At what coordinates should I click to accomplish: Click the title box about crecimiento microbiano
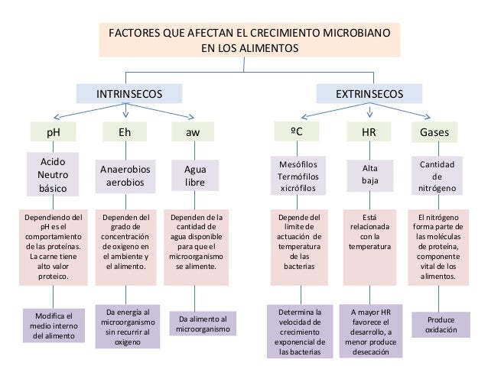coord(249,40)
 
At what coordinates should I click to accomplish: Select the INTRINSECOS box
coord(129,93)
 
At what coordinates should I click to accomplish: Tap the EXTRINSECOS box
coord(369,93)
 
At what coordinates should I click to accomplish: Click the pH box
coord(54,132)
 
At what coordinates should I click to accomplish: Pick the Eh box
coord(125,132)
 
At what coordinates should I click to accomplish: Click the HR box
coord(368,132)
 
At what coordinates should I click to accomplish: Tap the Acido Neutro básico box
coord(54,174)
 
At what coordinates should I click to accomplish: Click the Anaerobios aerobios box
coord(125,175)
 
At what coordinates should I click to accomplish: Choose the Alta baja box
coord(368,175)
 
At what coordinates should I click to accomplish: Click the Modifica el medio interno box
coord(54,325)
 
